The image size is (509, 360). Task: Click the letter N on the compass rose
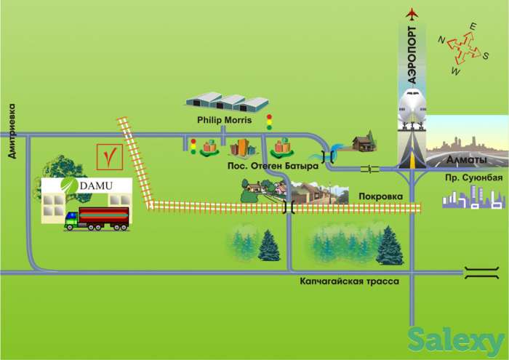click(441, 41)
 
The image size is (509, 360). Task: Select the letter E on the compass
click(473, 27)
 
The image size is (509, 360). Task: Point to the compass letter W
click(457, 71)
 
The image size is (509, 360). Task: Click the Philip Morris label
click(223, 120)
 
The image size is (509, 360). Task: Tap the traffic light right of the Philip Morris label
click(269, 122)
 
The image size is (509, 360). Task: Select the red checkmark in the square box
click(108, 156)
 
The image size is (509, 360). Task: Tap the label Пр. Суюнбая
click(473, 178)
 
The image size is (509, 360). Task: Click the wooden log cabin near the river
click(362, 143)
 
